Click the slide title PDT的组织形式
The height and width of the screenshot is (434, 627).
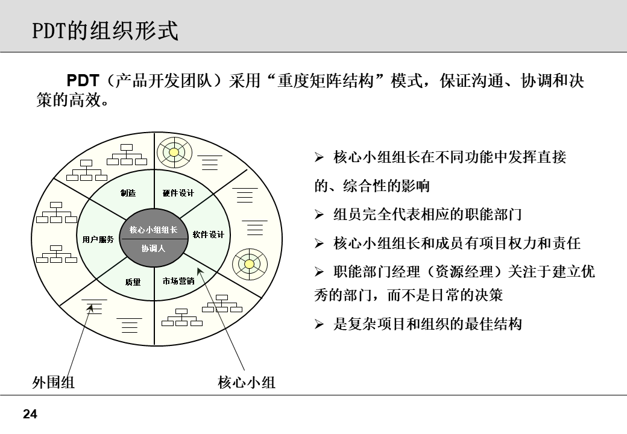tap(106, 30)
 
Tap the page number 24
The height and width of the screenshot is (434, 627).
tap(30, 414)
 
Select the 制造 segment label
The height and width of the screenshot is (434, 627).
tap(128, 193)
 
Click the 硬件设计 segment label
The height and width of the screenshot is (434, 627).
tap(178, 193)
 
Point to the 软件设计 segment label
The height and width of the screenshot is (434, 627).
tap(209, 234)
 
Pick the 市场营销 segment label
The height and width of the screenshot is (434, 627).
tap(178, 281)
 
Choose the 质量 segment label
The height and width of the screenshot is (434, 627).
tap(133, 281)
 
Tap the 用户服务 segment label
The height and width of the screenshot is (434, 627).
tap(98, 239)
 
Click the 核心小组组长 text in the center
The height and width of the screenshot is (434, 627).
tap(153, 230)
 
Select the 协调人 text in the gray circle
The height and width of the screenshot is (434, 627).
tap(153, 248)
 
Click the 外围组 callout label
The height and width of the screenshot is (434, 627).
tap(54, 382)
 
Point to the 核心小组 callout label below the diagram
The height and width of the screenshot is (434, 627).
tap(247, 382)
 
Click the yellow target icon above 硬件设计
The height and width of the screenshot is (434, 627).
tap(174, 152)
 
